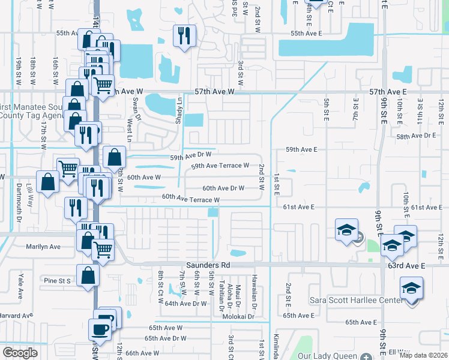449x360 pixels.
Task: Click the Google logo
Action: pyautogui.click(x=20, y=353)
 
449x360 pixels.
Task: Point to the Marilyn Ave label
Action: pyautogui.click(x=43, y=247)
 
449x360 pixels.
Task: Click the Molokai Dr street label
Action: pyautogui.click(x=240, y=317)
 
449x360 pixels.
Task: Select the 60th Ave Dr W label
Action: pyautogui.click(x=223, y=188)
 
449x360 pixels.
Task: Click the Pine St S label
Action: pyautogui.click(x=57, y=280)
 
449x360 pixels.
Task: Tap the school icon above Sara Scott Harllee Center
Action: pyautogui.click(x=411, y=288)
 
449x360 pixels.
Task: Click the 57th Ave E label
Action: pyautogui.click(x=384, y=92)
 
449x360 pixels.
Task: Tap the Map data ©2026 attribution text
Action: pyautogui.click(x=423, y=355)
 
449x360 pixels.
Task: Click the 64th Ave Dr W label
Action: pyautogui.click(x=185, y=304)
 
